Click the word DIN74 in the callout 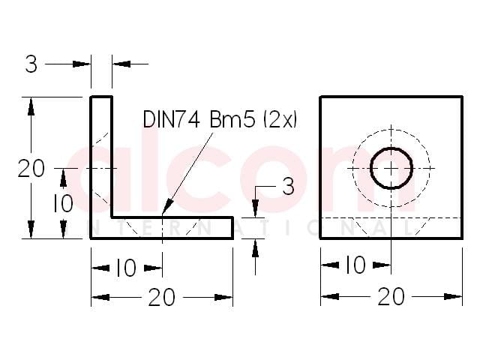171,119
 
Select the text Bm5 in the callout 232,119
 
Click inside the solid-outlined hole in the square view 391,168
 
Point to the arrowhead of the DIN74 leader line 167,207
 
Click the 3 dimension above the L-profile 31,64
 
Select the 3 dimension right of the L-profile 288,186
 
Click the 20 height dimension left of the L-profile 31,168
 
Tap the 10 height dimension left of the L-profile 63,203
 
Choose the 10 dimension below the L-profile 127,268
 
